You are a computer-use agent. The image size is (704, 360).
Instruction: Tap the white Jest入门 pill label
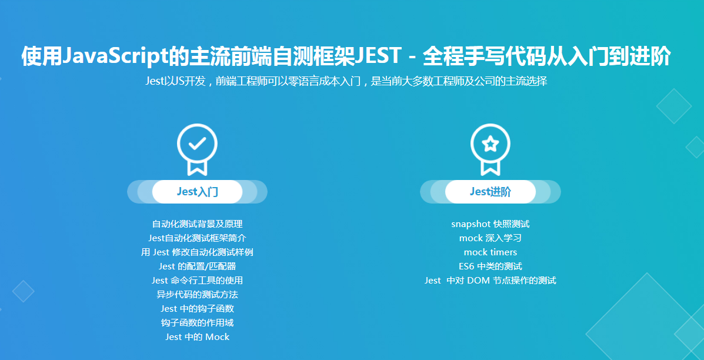click(197, 192)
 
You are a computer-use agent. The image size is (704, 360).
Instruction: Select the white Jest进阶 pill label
click(491, 192)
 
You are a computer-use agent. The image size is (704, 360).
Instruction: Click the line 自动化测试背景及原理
click(197, 224)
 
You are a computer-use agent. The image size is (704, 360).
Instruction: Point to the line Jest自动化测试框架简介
click(197, 238)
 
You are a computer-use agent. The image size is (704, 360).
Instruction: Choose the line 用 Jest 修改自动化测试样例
click(197, 252)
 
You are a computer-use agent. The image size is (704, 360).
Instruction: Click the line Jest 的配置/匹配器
click(197, 266)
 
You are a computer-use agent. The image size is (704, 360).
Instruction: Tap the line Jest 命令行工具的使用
click(197, 281)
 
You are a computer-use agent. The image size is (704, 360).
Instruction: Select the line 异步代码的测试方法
click(197, 295)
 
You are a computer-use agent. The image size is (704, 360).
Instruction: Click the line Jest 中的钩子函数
click(197, 309)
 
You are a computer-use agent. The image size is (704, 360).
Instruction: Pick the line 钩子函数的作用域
click(197, 323)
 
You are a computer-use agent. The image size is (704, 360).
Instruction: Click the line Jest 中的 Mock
click(197, 337)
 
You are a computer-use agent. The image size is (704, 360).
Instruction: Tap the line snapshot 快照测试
click(491, 224)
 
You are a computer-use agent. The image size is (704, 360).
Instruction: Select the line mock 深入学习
click(491, 238)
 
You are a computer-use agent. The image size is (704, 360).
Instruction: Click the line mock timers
click(491, 252)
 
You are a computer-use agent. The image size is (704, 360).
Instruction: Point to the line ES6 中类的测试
click(491, 266)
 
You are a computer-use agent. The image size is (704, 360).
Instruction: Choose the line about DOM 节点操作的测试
click(491, 281)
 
